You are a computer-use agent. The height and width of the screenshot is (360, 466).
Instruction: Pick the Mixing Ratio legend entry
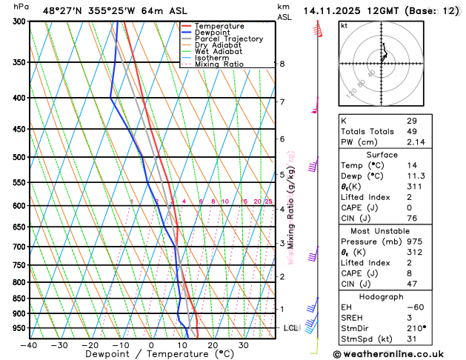click(x=219, y=64)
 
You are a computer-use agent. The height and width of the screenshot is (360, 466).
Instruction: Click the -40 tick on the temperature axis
click(x=30, y=345)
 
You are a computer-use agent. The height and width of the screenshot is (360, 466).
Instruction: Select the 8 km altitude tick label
click(x=282, y=64)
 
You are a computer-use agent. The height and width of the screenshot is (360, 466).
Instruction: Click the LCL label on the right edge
click(x=291, y=327)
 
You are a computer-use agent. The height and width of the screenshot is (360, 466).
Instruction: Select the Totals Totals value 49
click(x=412, y=131)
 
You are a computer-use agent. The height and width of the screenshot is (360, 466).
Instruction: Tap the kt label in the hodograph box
click(x=344, y=25)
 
